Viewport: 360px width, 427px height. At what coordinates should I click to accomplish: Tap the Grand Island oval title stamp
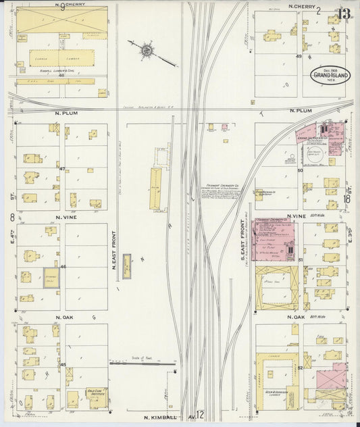330,74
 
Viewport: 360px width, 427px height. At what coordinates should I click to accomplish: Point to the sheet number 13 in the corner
344,12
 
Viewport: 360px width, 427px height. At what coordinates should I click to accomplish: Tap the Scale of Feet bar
143,363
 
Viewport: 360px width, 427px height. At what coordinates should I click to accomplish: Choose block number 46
63,268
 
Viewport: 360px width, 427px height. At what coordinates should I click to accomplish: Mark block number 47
61,168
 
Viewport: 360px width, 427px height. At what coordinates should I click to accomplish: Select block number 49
298,56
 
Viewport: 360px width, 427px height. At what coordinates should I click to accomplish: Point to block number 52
299,367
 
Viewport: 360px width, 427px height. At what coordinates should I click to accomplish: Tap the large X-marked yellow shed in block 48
61,21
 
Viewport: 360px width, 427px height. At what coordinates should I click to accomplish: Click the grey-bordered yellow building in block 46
52,278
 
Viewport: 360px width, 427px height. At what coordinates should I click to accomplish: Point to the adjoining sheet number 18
346,199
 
